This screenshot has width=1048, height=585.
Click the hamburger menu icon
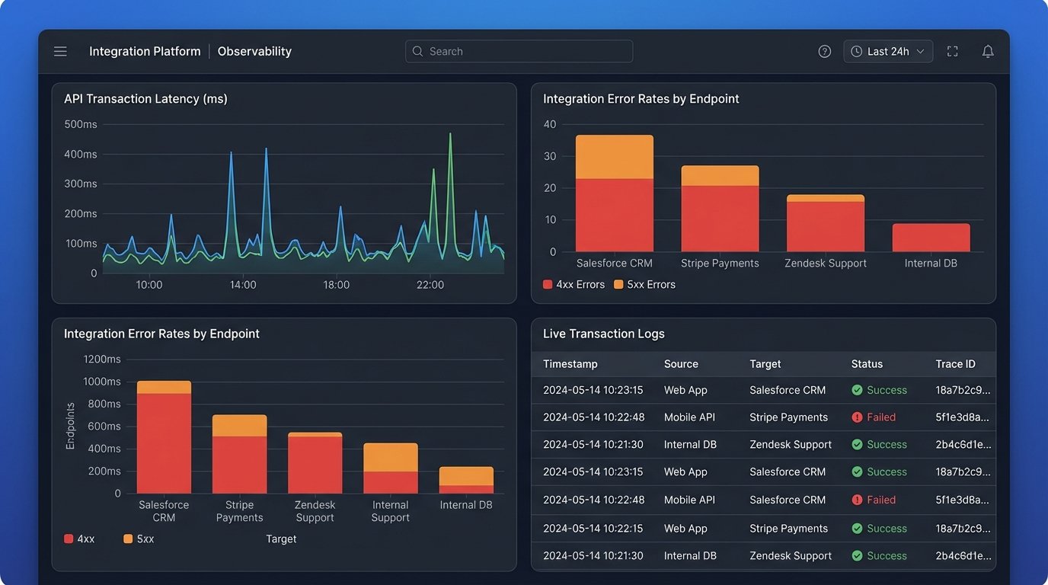pyautogui.click(x=60, y=51)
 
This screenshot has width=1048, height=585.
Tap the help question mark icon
pyautogui.click(x=824, y=51)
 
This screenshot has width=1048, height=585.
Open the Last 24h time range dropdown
pyautogui.click(x=887, y=51)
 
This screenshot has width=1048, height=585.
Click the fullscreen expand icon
pyautogui.click(x=952, y=51)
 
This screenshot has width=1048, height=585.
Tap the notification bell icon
pyautogui.click(x=987, y=51)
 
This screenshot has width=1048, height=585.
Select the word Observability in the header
pyautogui.click(x=254, y=51)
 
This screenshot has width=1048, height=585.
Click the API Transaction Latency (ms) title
pyautogui.click(x=145, y=98)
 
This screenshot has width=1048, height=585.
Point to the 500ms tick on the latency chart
pyautogui.click(x=81, y=124)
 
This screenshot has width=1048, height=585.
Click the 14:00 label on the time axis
pyautogui.click(x=243, y=285)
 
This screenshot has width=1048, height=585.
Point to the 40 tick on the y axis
pyautogui.click(x=549, y=124)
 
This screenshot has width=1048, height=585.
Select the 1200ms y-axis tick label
pyautogui.click(x=102, y=359)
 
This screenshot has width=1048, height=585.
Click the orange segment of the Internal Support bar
pyautogui.click(x=390, y=457)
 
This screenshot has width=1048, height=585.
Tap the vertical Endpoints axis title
pyautogui.click(x=70, y=426)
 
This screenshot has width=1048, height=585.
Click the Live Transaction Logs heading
pyautogui.click(x=603, y=334)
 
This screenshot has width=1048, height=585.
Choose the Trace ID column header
pyautogui.click(x=955, y=364)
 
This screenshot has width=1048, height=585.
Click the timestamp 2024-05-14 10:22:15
pyautogui.click(x=593, y=528)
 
